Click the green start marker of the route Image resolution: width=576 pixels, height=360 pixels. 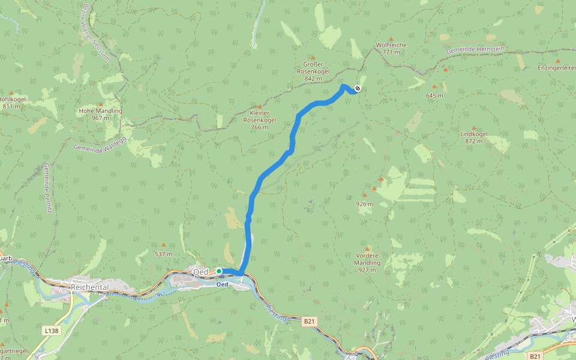tap(219, 271)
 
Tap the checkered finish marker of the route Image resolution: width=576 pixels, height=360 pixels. tap(358, 89)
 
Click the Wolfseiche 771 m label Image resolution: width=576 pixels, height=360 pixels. tap(391, 49)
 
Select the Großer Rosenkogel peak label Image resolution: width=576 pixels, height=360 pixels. tap(313, 71)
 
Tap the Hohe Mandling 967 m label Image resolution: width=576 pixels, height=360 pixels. tap(100, 114)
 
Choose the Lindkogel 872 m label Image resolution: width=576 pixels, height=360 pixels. tap(473, 137)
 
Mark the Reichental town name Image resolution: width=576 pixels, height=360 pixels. tap(89, 287)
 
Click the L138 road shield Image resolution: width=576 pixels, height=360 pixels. tap(51, 330)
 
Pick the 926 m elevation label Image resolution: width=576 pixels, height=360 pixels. tap(364, 204)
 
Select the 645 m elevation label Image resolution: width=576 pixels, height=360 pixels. tap(434, 95)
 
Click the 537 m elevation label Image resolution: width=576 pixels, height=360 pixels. tap(163, 254)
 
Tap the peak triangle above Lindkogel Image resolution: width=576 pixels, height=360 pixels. tap(473, 128)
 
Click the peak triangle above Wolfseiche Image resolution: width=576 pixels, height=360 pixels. tap(391, 39)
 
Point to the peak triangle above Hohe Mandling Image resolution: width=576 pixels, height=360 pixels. tap(100, 105)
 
